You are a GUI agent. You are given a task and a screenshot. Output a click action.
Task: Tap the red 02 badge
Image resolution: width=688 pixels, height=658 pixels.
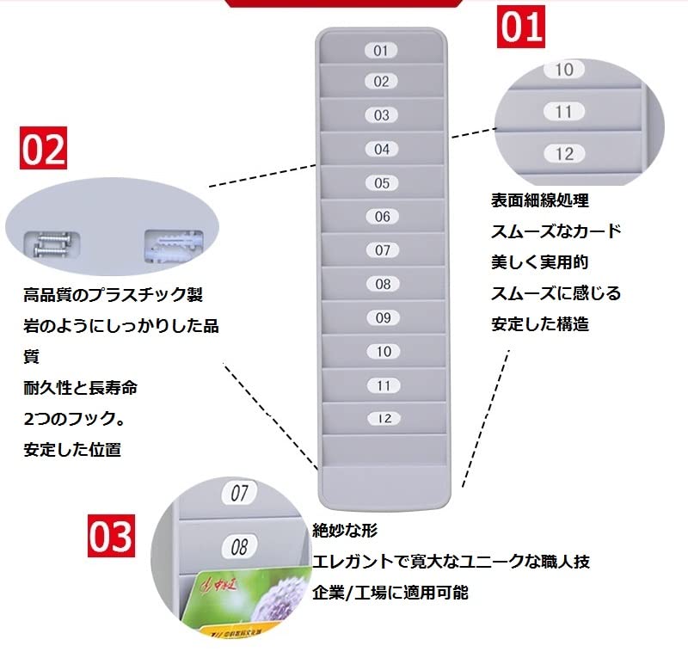tap(43, 149)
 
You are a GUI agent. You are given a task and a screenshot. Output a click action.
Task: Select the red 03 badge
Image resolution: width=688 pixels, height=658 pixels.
tap(111, 535)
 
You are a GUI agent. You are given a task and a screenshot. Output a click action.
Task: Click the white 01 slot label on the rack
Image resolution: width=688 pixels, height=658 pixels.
tap(381, 50)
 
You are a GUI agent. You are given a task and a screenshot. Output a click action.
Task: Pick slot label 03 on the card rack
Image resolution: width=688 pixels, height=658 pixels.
tap(381, 114)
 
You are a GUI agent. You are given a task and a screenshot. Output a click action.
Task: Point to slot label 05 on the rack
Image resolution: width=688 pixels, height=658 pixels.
tap(382, 182)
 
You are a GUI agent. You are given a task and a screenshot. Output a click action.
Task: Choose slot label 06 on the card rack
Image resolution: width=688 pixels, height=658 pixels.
tap(382, 217)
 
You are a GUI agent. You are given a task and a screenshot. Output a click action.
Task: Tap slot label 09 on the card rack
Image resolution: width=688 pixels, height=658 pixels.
tap(382, 317)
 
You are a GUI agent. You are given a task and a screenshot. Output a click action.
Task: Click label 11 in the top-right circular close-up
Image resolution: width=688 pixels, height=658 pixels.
tap(563, 112)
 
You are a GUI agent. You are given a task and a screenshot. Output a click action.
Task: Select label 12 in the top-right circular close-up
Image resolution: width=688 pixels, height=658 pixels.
tap(564, 154)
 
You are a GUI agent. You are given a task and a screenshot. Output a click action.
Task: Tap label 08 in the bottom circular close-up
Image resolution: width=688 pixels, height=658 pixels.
tap(239, 546)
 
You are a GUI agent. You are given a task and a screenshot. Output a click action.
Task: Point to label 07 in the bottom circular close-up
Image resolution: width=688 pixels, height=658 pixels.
tap(239, 494)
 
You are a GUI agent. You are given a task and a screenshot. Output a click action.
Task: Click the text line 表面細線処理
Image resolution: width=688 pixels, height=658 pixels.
tap(540, 201)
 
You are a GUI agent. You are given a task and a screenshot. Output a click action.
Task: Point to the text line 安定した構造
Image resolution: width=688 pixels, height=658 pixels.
tap(540, 324)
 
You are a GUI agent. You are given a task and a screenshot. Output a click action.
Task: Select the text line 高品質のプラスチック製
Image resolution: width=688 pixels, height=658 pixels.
tap(113, 295)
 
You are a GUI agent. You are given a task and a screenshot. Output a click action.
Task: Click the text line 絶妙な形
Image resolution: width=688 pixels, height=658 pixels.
tap(346, 530)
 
